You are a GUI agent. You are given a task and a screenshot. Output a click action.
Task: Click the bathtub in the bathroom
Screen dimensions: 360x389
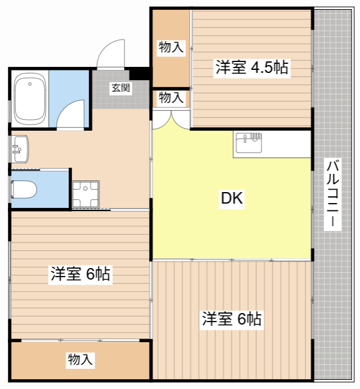tap(30, 99)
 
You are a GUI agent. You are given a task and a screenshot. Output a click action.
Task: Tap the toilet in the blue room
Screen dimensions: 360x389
tap(24, 190)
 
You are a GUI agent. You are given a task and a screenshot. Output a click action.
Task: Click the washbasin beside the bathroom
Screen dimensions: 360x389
tap(20, 149)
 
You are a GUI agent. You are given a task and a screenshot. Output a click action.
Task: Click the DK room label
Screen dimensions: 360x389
tap(232, 198)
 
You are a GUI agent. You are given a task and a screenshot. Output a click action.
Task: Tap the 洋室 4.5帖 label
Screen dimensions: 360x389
tap(252, 67)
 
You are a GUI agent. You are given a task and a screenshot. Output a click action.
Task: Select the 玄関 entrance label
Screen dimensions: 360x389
tap(120, 88)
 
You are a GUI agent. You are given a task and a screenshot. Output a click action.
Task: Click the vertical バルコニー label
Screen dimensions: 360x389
tap(333, 194)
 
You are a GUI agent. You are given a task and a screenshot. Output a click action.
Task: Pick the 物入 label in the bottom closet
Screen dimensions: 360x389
tap(80, 359)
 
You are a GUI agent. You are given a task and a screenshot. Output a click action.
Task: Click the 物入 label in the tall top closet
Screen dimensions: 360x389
tap(171, 47)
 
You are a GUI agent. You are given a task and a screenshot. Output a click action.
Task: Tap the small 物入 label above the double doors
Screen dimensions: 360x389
tap(171, 97)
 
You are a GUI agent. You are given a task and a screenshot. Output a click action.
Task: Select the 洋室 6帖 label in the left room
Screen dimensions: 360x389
tap(80, 274)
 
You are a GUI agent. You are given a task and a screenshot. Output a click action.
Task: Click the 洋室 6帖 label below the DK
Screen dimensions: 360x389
tap(232, 318)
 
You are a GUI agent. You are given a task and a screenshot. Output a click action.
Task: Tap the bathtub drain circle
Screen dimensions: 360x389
tap(30, 84)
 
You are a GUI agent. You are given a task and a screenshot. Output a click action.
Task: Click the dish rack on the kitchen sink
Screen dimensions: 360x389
tap(256, 136)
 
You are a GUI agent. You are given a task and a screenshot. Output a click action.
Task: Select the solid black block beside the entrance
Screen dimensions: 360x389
tap(139, 74)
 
